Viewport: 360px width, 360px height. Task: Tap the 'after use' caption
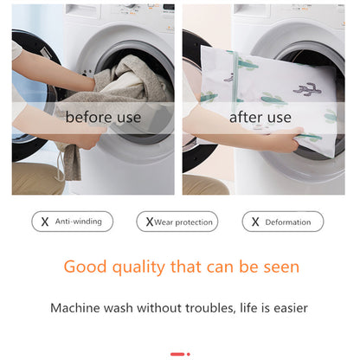click(x=260, y=117)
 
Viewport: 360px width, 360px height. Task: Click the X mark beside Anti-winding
click(x=45, y=222)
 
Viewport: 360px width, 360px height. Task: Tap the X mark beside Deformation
click(x=254, y=222)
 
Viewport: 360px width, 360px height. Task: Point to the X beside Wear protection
click(x=149, y=222)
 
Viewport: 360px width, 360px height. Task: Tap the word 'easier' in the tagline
click(x=286, y=307)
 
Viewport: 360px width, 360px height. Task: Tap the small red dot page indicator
click(x=189, y=353)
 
